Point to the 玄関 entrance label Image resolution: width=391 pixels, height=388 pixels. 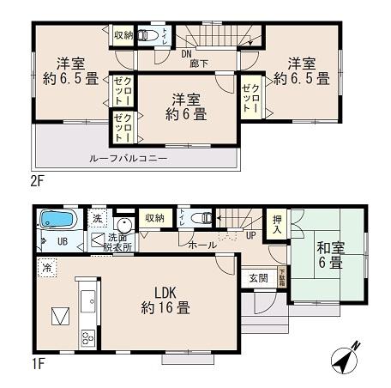pos(258,278)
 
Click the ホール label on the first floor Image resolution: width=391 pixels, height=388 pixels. pos(202,245)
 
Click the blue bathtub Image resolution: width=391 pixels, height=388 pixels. pos(59,221)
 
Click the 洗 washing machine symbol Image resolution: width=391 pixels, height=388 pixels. pos(98,219)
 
